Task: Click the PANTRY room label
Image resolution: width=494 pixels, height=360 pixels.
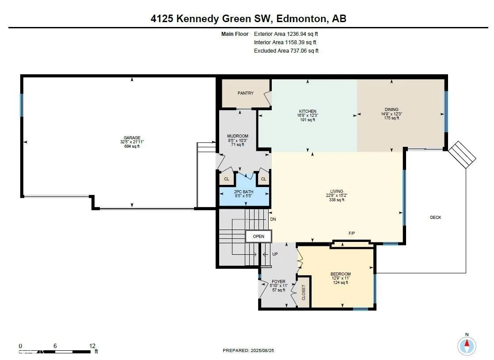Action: point(245,93)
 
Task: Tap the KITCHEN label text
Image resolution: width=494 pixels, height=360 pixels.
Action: point(308,111)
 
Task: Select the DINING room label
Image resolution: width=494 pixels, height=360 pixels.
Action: point(391,109)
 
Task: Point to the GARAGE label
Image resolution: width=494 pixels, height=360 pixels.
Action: point(132,138)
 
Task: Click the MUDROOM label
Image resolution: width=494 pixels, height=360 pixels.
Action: point(238,136)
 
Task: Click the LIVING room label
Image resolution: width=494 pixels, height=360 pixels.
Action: point(336,191)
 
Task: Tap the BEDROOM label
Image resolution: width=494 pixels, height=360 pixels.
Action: point(341,274)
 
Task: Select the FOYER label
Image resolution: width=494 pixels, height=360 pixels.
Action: point(278,282)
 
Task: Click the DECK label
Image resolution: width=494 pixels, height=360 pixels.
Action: point(435,218)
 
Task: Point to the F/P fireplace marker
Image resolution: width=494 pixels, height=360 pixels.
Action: point(352,233)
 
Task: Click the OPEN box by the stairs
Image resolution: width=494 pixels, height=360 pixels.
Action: point(258,237)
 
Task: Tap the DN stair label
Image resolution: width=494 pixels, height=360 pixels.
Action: point(273,219)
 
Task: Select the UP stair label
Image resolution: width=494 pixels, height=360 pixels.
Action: point(275,254)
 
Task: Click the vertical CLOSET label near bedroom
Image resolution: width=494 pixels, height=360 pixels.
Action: point(304,292)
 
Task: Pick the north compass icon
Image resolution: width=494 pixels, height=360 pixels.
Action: point(467,345)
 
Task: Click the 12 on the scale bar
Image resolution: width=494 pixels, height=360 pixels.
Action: point(92,346)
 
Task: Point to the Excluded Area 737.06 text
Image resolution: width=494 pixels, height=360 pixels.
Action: point(286,51)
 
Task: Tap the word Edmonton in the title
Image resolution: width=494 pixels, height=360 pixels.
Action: point(301,19)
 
